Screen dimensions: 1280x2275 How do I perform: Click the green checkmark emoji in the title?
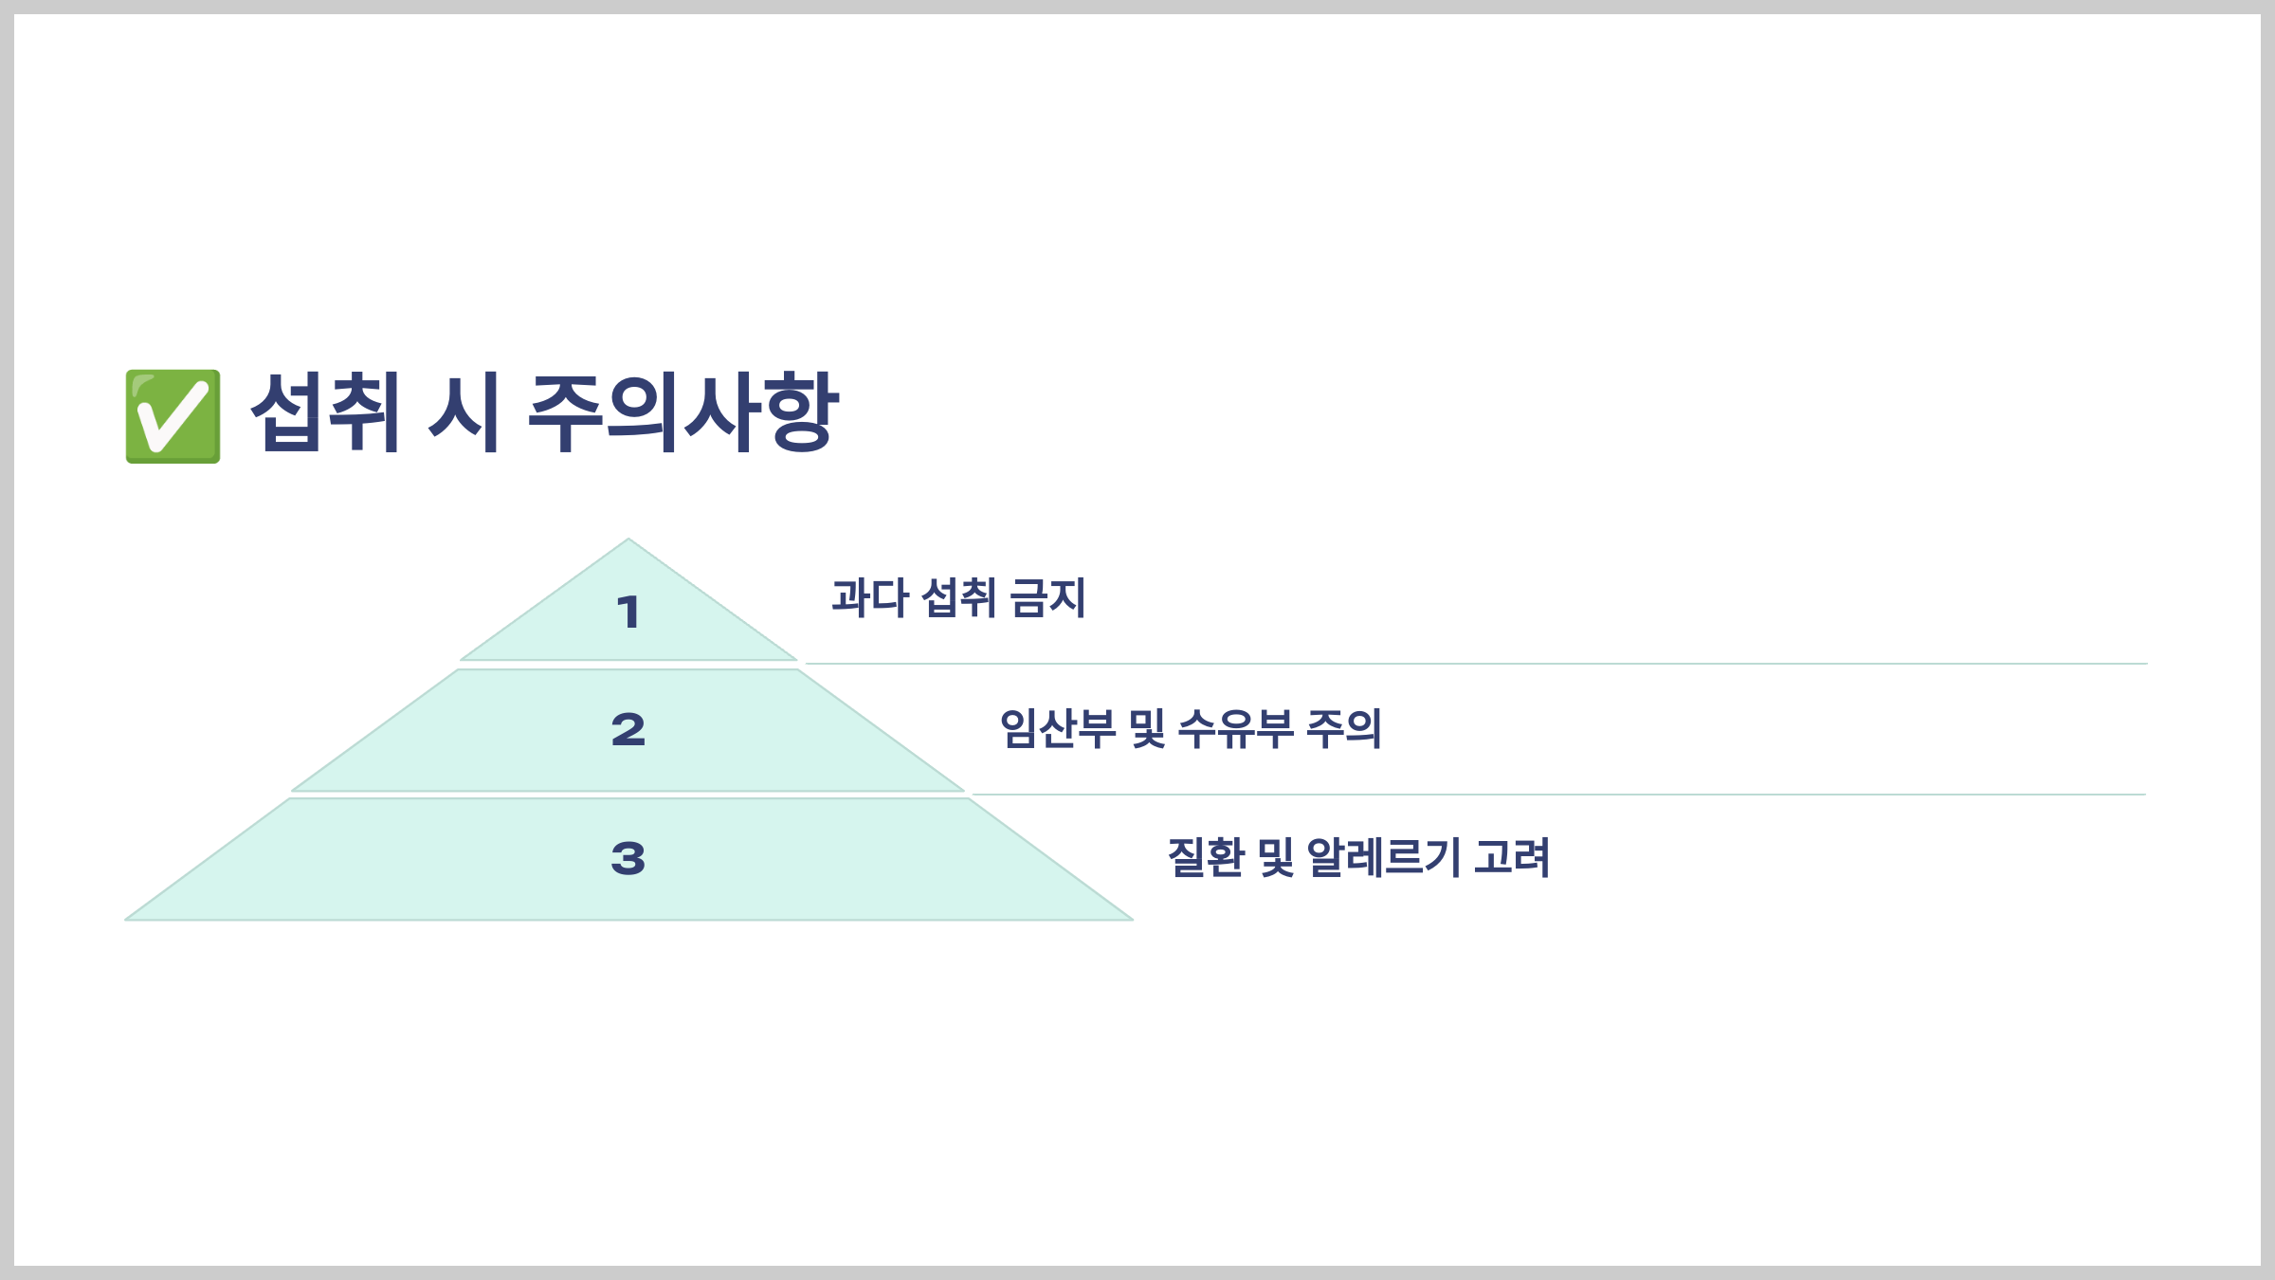[173, 416]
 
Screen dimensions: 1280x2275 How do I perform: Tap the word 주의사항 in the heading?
[683, 413]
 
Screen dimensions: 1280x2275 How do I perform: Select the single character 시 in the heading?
[464, 413]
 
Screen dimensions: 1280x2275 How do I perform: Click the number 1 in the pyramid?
[628, 613]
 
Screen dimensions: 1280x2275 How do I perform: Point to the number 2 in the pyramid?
[628, 730]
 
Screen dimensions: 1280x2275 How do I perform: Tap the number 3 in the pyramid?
[628, 859]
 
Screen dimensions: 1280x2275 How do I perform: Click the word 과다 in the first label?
[870, 598]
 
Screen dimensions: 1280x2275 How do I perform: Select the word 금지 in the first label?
[1048, 598]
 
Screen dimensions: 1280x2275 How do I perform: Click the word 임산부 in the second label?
[1058, 729]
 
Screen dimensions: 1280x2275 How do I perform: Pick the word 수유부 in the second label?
[1236, 729]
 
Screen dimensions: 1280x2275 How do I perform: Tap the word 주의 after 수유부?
[1344, 729]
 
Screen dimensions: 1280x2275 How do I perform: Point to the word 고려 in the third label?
[1512, 858]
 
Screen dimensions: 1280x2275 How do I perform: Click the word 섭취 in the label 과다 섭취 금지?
[959, 598]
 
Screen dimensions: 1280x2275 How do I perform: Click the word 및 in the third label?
[1276, 858]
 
